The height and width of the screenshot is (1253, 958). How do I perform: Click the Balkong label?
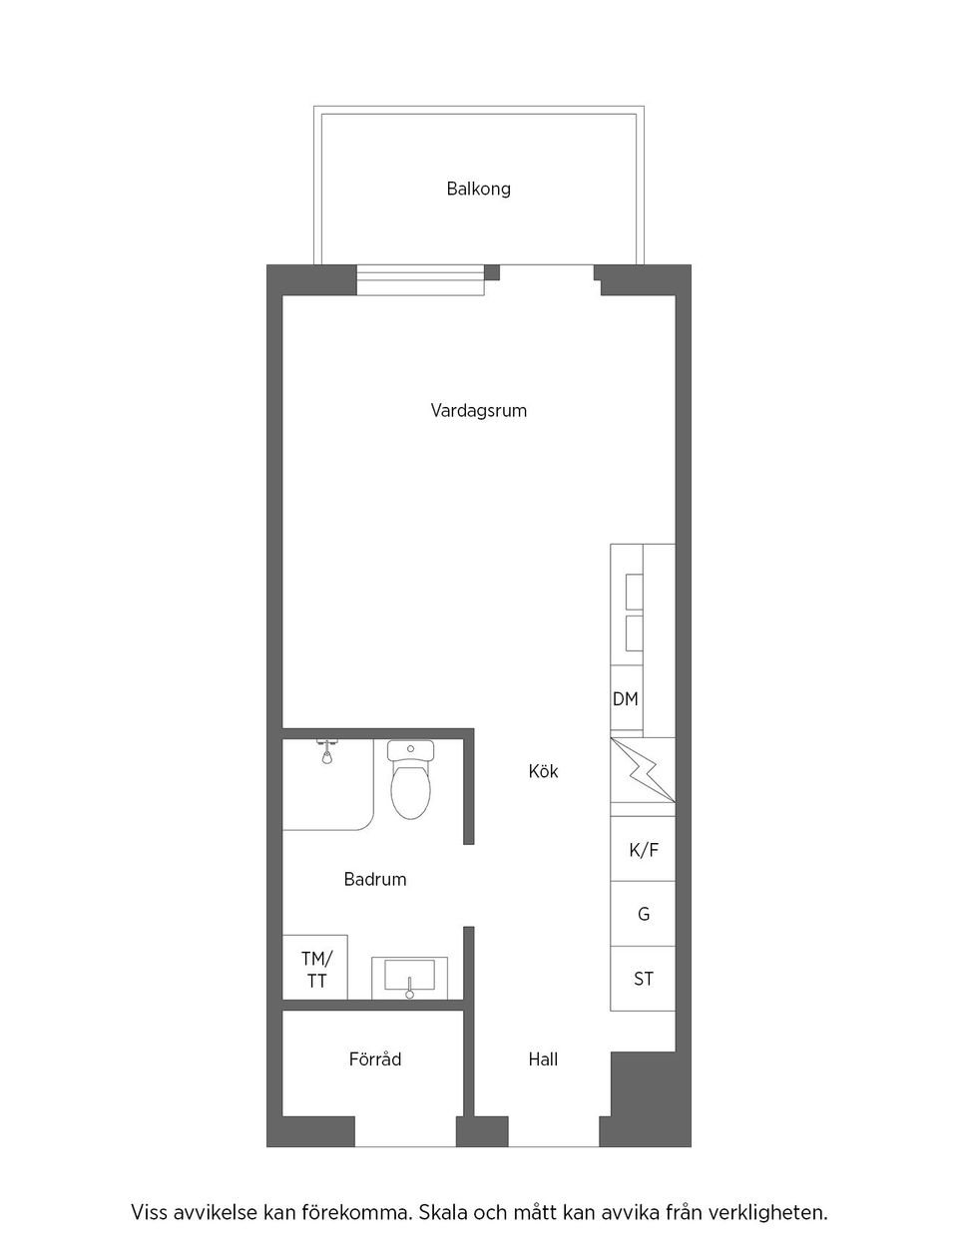(478, 189)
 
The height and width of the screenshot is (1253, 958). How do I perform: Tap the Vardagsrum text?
(478, 410)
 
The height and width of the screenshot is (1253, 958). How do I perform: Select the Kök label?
(543, 771)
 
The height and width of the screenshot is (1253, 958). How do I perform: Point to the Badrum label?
(375, 879)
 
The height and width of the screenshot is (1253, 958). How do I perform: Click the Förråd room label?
(375, 1059)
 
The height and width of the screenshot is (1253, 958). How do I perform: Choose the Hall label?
(543, 1059)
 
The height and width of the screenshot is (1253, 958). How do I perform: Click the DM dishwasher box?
(626, 699)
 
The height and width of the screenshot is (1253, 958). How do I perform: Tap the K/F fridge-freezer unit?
(643, 850)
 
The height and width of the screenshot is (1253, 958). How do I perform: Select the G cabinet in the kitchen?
(643, 914)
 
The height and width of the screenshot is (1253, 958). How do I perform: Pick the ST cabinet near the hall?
(643, 979)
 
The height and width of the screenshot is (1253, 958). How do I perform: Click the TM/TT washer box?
(316, 969)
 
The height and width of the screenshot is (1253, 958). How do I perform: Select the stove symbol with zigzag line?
(643, 769)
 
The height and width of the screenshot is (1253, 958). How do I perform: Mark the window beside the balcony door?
(420, 281)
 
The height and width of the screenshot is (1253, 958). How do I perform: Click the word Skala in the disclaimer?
(442, 1214)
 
